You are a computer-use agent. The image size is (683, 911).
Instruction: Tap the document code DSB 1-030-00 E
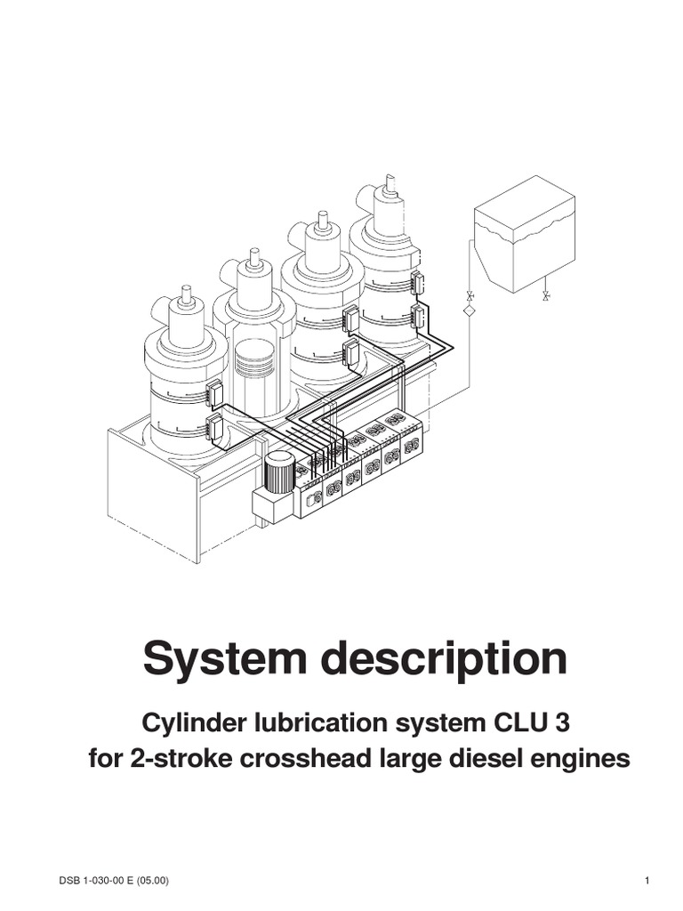point(96,881)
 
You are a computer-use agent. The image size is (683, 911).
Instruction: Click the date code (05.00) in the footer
point(153,881)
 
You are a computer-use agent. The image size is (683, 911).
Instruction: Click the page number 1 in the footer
point(647,881)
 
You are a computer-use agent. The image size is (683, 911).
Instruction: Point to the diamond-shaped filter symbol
point(470,310)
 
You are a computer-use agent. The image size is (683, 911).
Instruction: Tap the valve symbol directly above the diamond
point(470,294)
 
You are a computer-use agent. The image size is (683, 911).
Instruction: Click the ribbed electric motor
point(279,472)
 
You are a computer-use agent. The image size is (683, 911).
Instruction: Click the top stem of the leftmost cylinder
point(186,294)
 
